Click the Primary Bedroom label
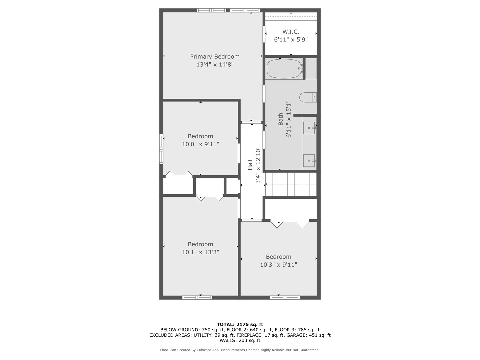[x=215, y=57]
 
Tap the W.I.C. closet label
[x=291, y=32]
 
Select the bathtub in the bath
[x=284, y=69]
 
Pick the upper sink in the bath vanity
[x=309, y=128]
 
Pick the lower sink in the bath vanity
[x=309, y=160]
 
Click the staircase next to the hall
[x=291, y=184]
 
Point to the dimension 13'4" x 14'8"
[x=215, y=65]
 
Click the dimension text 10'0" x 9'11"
[x=200, y=144]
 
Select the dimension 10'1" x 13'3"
[x=200, y=252]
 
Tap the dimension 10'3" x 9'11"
[x=278, y=265]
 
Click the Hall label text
[x=250, y=165]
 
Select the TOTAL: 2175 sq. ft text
[x=240, y=324]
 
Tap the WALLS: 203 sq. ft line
[x=240, y=340]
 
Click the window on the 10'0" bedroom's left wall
[x=161, y=149]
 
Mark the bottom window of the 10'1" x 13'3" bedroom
[x=197, y=297]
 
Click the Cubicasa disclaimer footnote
[x=240, y=350]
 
